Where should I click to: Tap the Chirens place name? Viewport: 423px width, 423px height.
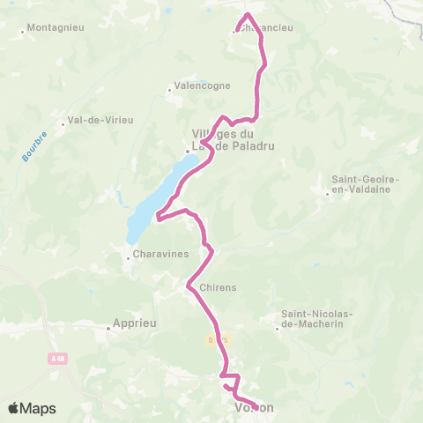[219, 288]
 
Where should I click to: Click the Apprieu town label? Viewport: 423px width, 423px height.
[136, 323]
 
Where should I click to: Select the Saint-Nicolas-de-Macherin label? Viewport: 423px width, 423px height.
[317, 318]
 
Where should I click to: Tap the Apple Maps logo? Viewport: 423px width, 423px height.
[32, 408]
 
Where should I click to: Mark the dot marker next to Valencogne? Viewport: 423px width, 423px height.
[170, 89]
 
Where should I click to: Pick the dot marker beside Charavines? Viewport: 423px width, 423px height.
[128, 258]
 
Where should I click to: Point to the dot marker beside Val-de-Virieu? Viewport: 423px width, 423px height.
[63, 124]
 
